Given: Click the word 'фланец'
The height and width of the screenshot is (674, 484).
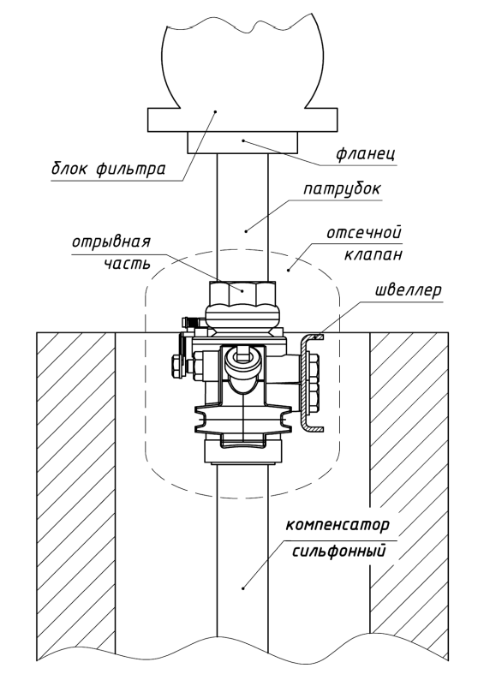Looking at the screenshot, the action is pyautogui.click(x=366, y=153).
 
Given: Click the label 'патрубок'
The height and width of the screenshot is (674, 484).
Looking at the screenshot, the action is pyautogui.click(x=342, y=189).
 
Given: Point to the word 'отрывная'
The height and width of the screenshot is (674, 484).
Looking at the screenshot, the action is pyautogui.click(x=111, y=242).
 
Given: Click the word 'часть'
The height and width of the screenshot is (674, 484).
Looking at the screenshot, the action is pyautogui.click(x=128, y=263).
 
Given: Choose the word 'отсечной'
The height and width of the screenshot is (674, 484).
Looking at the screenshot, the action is pyautogui.click(x=364, y=233).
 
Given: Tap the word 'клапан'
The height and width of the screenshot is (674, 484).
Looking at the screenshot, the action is pyautogui.click(x=373, y=254).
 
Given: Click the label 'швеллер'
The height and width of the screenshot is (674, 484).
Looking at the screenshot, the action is pyautogui.click(x=409, y=290).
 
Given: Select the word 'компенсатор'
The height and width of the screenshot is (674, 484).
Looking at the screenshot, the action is pyautogui.click(x=338, y=525).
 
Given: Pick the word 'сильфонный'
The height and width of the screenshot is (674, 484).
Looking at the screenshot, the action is pyautogui.click(x=339, y=551).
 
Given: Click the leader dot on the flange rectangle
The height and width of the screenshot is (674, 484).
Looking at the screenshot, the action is pyautogui.click(x=242, y=140).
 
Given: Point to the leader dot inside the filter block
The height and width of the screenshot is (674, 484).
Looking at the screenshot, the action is pyautogui.click(x=215, y=110).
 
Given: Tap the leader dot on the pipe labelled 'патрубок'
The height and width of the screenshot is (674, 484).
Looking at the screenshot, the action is pyautogui.click(x=247, y=231).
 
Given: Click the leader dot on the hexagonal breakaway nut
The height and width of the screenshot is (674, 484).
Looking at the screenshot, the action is pyautogui.click(x=242, y=290).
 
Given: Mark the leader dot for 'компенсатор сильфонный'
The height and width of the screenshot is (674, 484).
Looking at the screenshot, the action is pyautogui.click(x=243, y=588).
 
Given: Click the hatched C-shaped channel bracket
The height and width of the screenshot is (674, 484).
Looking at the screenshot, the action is pyautogui.click(x=305, y=383).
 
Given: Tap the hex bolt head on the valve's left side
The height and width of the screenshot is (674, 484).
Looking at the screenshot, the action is pyautogui.click(x=176, y=367).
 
